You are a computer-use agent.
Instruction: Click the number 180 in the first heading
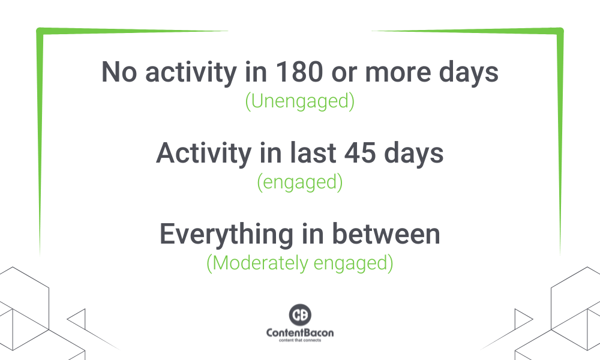point(299,72)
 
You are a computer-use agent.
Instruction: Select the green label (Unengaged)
point(300,101)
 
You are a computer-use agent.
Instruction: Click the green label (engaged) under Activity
point(300,182)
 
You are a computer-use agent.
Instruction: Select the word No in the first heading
point(119,72)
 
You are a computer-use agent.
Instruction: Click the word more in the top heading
point(398,74)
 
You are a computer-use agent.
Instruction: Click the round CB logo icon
point(300,315)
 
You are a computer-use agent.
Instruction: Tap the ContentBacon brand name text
point(300,332)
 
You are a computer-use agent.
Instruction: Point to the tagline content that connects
point(300,340)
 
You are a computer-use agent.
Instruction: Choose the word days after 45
point(413,154)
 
